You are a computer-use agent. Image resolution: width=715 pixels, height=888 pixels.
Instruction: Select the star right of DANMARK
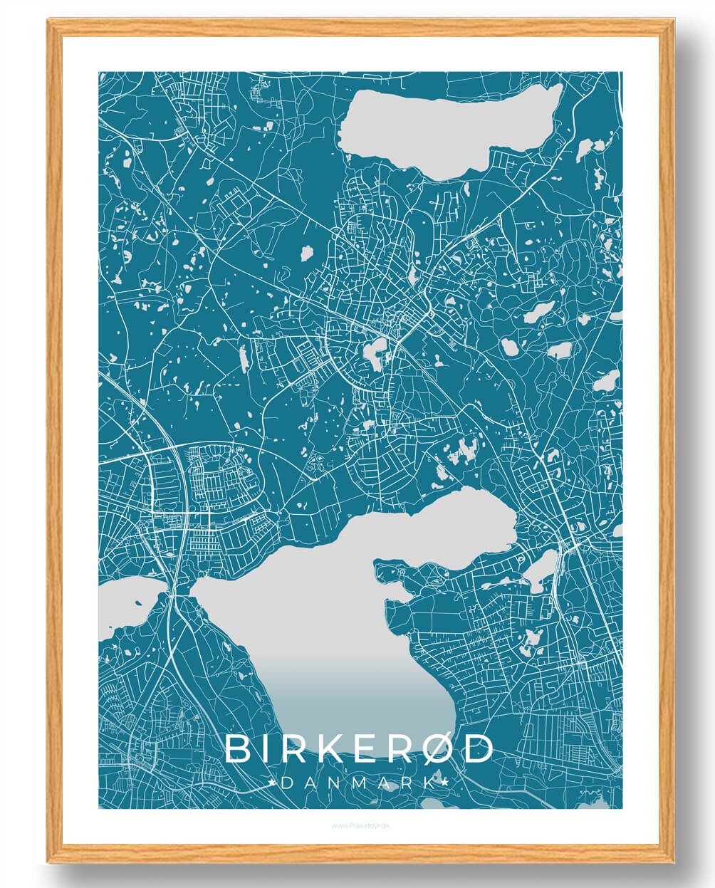point(447,783)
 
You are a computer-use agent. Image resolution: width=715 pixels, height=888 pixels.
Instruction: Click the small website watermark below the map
point(360,826)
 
